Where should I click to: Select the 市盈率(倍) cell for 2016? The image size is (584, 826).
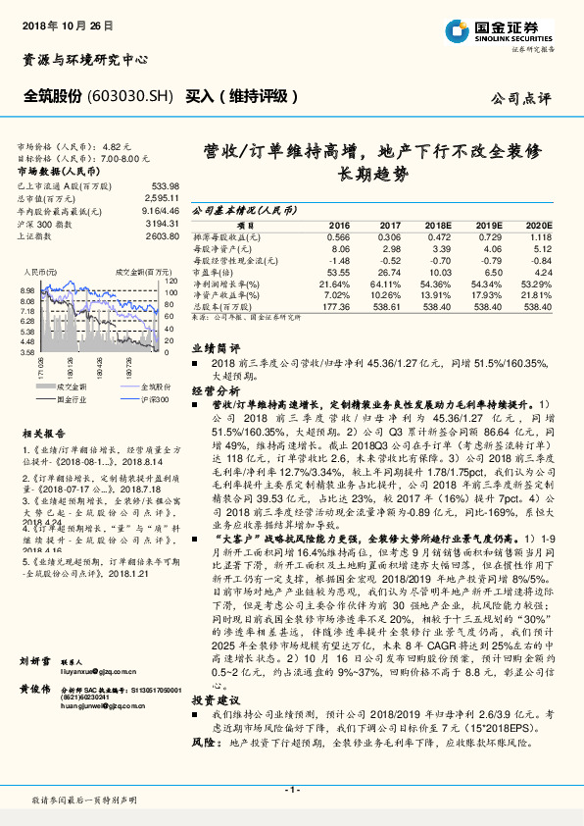336,273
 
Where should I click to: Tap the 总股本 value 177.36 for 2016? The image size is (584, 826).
336,306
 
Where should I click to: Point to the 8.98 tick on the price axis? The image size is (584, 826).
26,291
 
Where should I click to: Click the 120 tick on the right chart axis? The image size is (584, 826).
169,282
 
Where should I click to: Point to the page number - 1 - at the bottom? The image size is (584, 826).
291,789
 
